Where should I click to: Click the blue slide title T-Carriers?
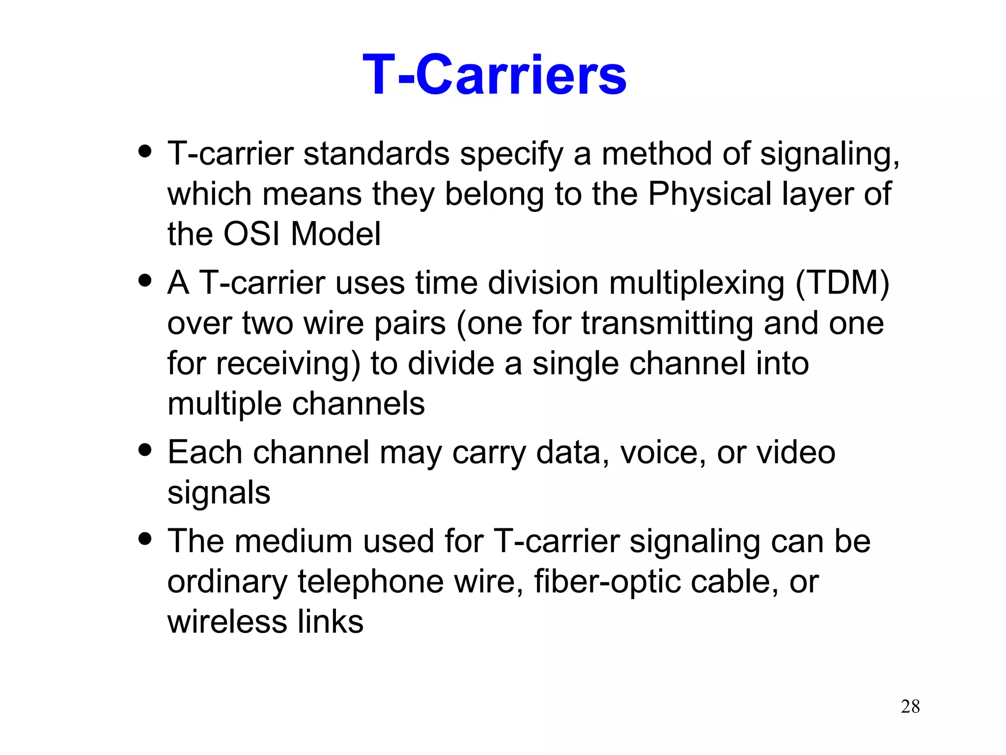[494, 75]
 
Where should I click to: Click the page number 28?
[910, 706]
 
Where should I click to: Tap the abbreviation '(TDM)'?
[842, 284]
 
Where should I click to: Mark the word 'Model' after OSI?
[335, 234]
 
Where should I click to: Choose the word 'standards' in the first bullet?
[376, 154]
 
